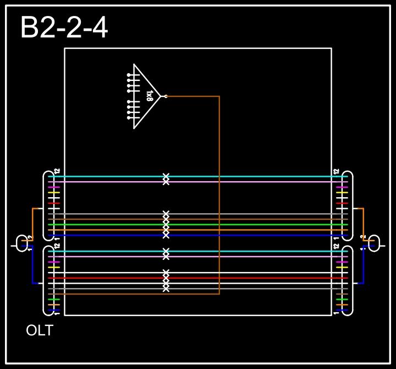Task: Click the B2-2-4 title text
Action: pos(64,28)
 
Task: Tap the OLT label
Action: pos(40,331)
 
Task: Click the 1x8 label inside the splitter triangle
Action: pos(150,96)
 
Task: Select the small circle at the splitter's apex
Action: pos(166,96)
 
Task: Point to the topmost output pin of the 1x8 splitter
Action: pos(129,75)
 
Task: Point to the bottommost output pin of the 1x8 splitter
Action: pos(129,118)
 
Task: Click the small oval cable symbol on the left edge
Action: pos(22,243)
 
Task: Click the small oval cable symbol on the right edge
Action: pos(374,243)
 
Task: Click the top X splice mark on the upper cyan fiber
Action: pos(166,177)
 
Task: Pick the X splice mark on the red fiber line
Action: pos(166,278)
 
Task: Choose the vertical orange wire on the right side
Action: pos(363,226)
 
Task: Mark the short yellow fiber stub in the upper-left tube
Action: pos(54,193)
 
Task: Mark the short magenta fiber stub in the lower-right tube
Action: pos(342,262)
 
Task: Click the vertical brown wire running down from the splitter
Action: pos(219,193)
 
